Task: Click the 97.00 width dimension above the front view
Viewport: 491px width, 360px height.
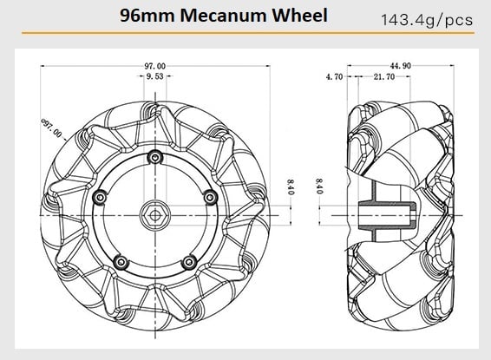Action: click(156, 65)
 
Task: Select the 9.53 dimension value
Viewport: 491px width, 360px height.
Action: click(155, 77)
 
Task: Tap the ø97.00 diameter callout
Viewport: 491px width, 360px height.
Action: click(51, 128)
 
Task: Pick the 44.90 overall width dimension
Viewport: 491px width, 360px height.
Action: click(399, 65)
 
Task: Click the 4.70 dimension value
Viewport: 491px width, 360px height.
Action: click(334, 77)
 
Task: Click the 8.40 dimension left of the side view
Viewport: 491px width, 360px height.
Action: click(319, 186)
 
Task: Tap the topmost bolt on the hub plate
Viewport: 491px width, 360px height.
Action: click(154, 157)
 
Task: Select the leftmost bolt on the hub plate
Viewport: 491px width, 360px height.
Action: click(101, 198)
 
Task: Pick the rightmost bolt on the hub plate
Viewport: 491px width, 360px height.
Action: click(209, 197)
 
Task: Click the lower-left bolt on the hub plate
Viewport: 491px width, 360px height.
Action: click(121, 261)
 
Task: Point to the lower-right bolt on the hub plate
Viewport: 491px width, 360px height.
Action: click(188, 261)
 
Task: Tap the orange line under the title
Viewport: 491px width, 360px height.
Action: click(245, 34)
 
